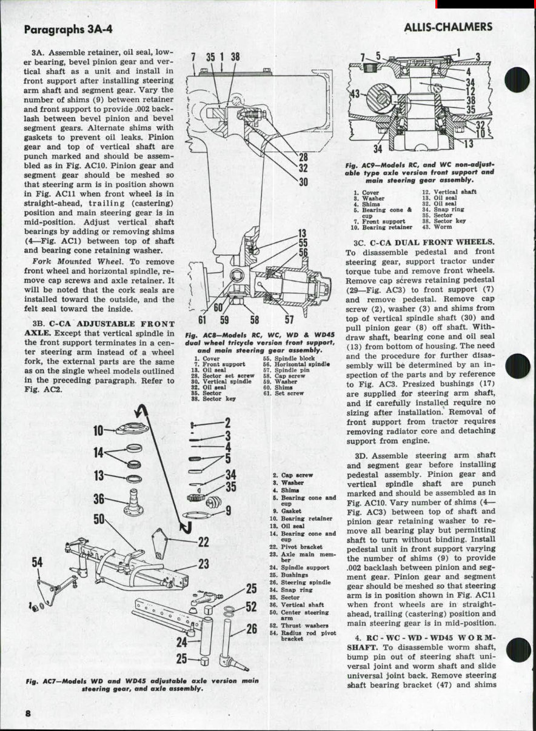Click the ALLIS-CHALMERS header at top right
(x=447, y=28)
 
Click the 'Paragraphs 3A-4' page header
(x=68, y=30)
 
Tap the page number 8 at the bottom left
(x=27, y=713)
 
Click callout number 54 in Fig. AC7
(x=38, y=562)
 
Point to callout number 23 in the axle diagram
(x=204, y=564)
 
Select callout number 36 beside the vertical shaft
(x=99, y=499)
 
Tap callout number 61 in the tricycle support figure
(x=203, y=319)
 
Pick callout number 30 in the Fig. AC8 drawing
(x=303, y=181)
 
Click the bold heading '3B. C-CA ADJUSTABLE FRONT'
(x=104, y=324)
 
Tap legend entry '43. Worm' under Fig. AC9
(x=434, y=227)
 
